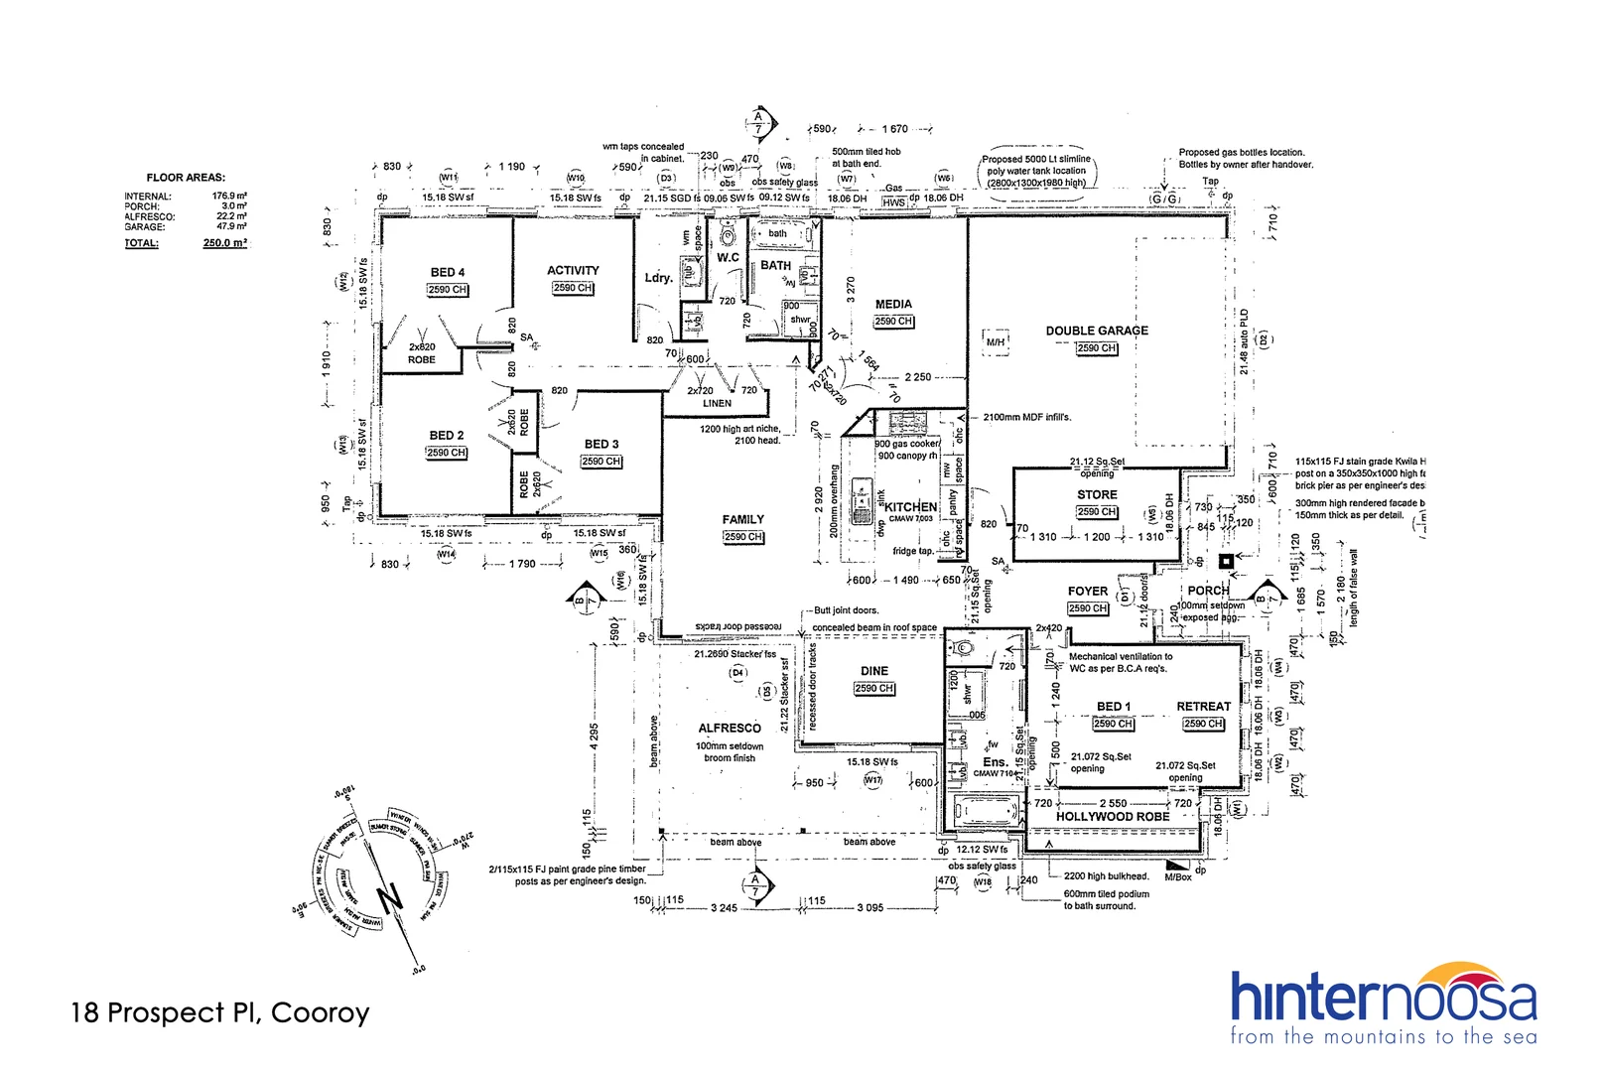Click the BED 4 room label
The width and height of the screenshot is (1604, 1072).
[447, 272]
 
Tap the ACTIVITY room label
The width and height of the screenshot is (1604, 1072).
[573, 270]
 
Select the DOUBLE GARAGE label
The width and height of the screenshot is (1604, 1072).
[1097, 331]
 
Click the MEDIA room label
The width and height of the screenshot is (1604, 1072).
[893, 305]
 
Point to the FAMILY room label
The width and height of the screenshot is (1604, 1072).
[742, 519]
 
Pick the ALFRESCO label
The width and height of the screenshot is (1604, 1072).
[730, 728]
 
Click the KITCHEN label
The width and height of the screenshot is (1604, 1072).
[910, 506]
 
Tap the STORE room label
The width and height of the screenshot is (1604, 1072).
[1097, 494]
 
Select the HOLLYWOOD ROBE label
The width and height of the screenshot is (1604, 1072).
[1112, 817]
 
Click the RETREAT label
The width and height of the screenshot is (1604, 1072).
[1203, 707]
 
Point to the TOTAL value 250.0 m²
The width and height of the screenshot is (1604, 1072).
[224, 243]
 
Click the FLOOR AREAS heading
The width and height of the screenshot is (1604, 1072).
[186, 178]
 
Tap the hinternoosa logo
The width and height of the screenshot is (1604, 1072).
[1384, 1003]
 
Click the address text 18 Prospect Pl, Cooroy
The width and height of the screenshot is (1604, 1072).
[220, 1012]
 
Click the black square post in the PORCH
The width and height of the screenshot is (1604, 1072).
[1226, 561]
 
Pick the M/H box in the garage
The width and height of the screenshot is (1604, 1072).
[995, 341]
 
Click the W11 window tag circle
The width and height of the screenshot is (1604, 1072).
[448, 178]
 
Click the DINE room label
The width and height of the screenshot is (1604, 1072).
[873, 671]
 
